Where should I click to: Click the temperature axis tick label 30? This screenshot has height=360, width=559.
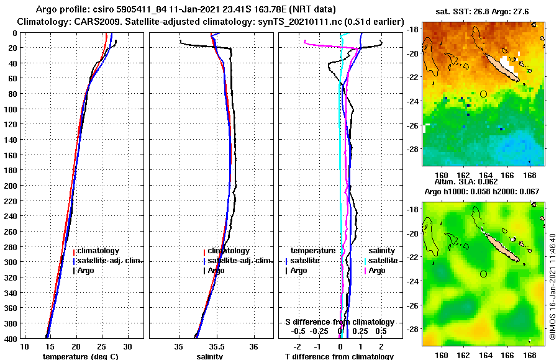pos(127,346)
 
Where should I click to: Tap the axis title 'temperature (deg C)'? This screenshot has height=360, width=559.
pos(80,356)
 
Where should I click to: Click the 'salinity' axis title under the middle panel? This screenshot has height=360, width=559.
pos(209,356)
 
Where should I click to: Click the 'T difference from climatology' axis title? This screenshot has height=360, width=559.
pos(339,356)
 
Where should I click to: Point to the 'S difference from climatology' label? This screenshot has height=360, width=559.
pos(339,322)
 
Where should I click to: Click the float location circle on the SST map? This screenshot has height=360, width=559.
pos(483,94)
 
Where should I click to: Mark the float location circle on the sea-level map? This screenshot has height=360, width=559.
pos(483,274)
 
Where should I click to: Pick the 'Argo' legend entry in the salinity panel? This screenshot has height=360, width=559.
pos(216,271)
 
